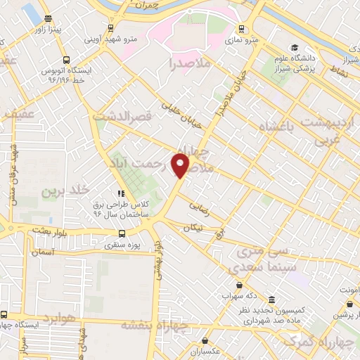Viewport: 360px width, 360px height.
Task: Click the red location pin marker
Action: (181, 165)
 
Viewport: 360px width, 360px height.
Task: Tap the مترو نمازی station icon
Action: (242, 29)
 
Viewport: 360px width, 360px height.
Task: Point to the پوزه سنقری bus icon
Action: (122, 234)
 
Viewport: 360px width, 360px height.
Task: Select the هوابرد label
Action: (57, 318)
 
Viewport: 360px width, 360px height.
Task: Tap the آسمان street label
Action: (42, 250)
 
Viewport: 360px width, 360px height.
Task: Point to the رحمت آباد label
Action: (148, 163)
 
